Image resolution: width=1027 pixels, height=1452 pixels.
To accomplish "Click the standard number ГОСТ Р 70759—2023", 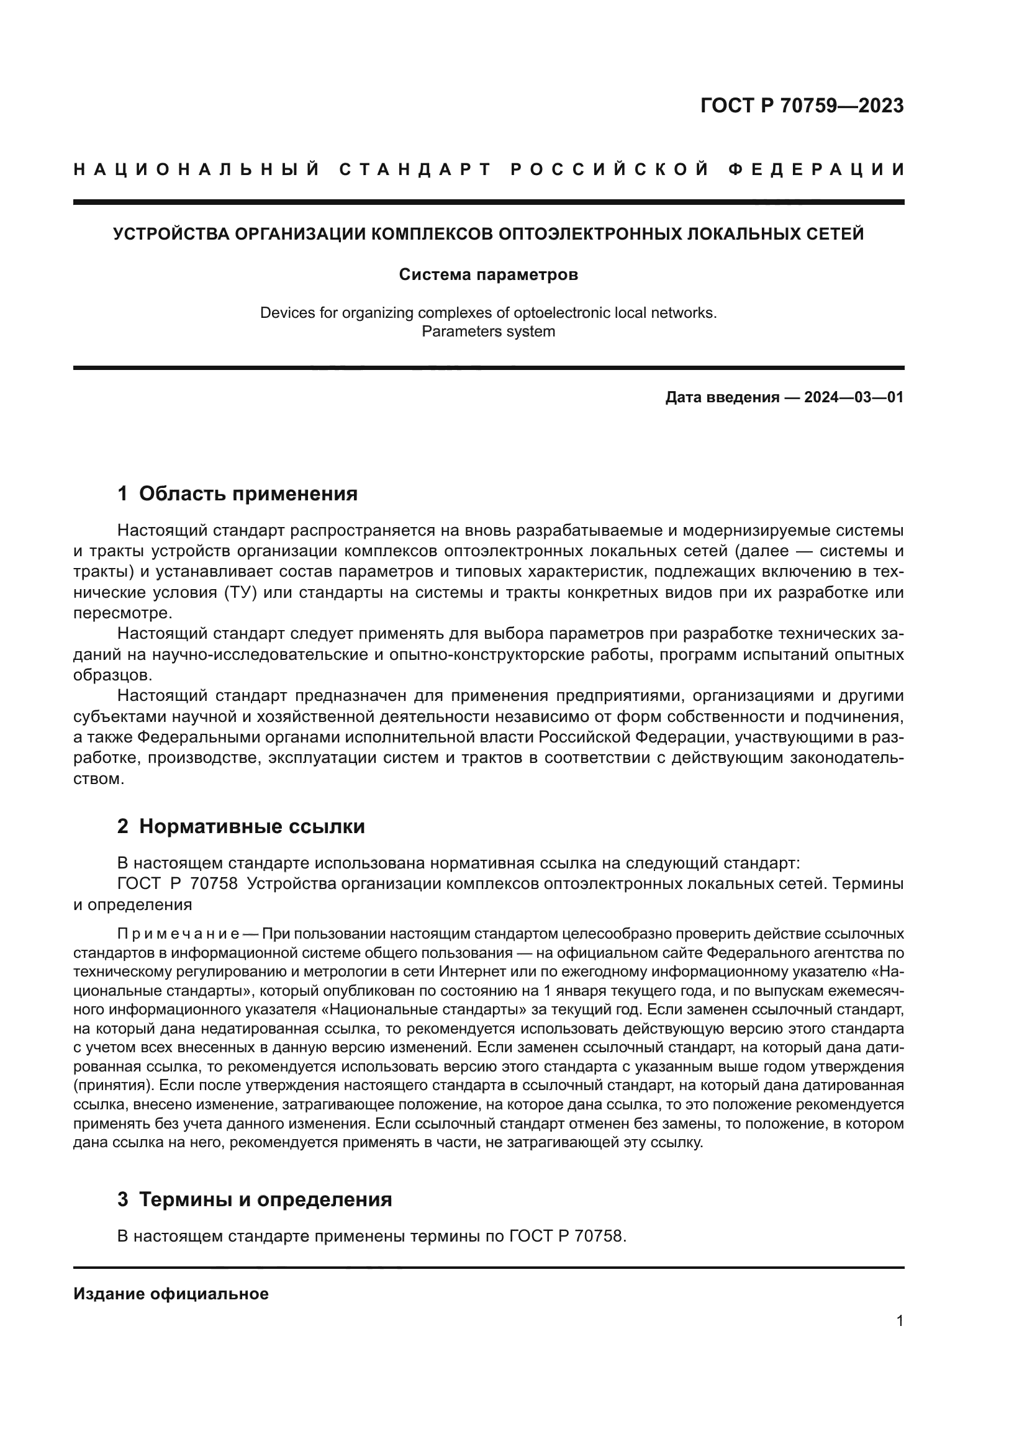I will pos(801,106).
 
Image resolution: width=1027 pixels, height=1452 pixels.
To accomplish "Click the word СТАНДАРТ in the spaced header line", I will pos(415,169).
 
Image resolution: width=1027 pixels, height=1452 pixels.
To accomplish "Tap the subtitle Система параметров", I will pos(488,275).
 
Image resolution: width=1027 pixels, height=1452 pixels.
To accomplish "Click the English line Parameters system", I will pos(488,331).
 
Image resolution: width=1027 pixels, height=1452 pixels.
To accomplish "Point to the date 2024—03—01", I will pos(854,398).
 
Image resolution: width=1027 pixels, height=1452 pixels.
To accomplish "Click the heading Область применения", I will pos(248,494).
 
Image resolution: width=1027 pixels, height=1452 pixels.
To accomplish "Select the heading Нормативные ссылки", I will pos(251,826).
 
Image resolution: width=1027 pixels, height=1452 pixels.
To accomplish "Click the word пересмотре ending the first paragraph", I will pos(122,613).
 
